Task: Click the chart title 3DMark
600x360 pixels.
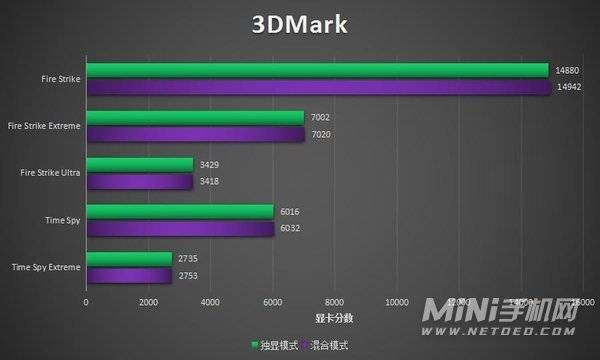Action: tap(300, 25)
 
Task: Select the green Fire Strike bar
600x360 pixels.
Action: tap(317, 70)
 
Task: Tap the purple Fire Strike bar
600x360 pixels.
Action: tap(317, 87)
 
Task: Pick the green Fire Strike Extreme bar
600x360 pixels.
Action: tap(195, 117)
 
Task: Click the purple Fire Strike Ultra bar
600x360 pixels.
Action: tap(139, 181)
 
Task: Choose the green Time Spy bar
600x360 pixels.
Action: tap(180, 211)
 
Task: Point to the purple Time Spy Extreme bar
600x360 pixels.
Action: tap(129, 275)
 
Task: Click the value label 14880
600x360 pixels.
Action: tap(565, 70)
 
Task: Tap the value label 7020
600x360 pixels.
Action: tap(320, 134)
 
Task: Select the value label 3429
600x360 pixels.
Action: tap(209, 164)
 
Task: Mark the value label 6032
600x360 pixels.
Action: tap(289, 228)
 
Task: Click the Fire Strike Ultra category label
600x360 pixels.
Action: tap(50, 173)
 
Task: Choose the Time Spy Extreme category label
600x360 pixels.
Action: tap(45, 267)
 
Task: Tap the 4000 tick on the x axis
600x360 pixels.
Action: tap(210, 301)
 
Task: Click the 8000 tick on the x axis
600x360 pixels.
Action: tap(334, 301)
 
